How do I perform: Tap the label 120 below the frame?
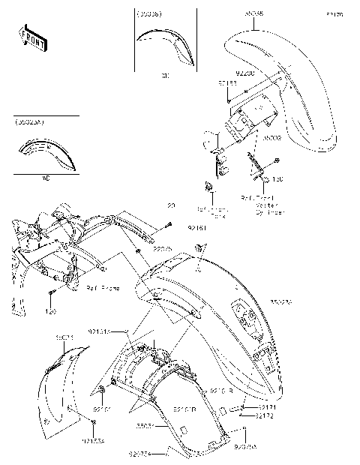[52, 310]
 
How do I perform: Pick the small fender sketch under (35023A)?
[47, 156]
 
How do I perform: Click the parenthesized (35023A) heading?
[29, 120]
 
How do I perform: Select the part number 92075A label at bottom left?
[159, 453]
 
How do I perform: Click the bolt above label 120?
[50, 292]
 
